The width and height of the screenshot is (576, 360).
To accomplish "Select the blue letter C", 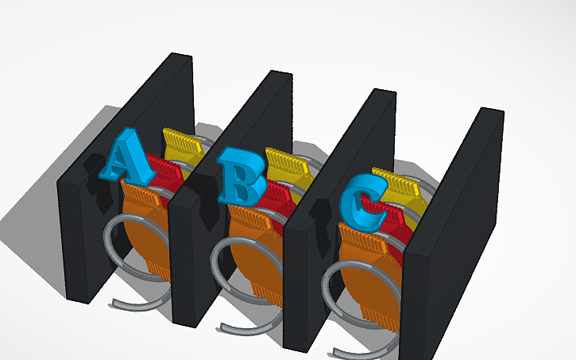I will pyautogui.click(x=361, y=199).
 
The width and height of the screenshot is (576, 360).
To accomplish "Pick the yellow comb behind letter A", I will pyautogui.click(x=184, y=144).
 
